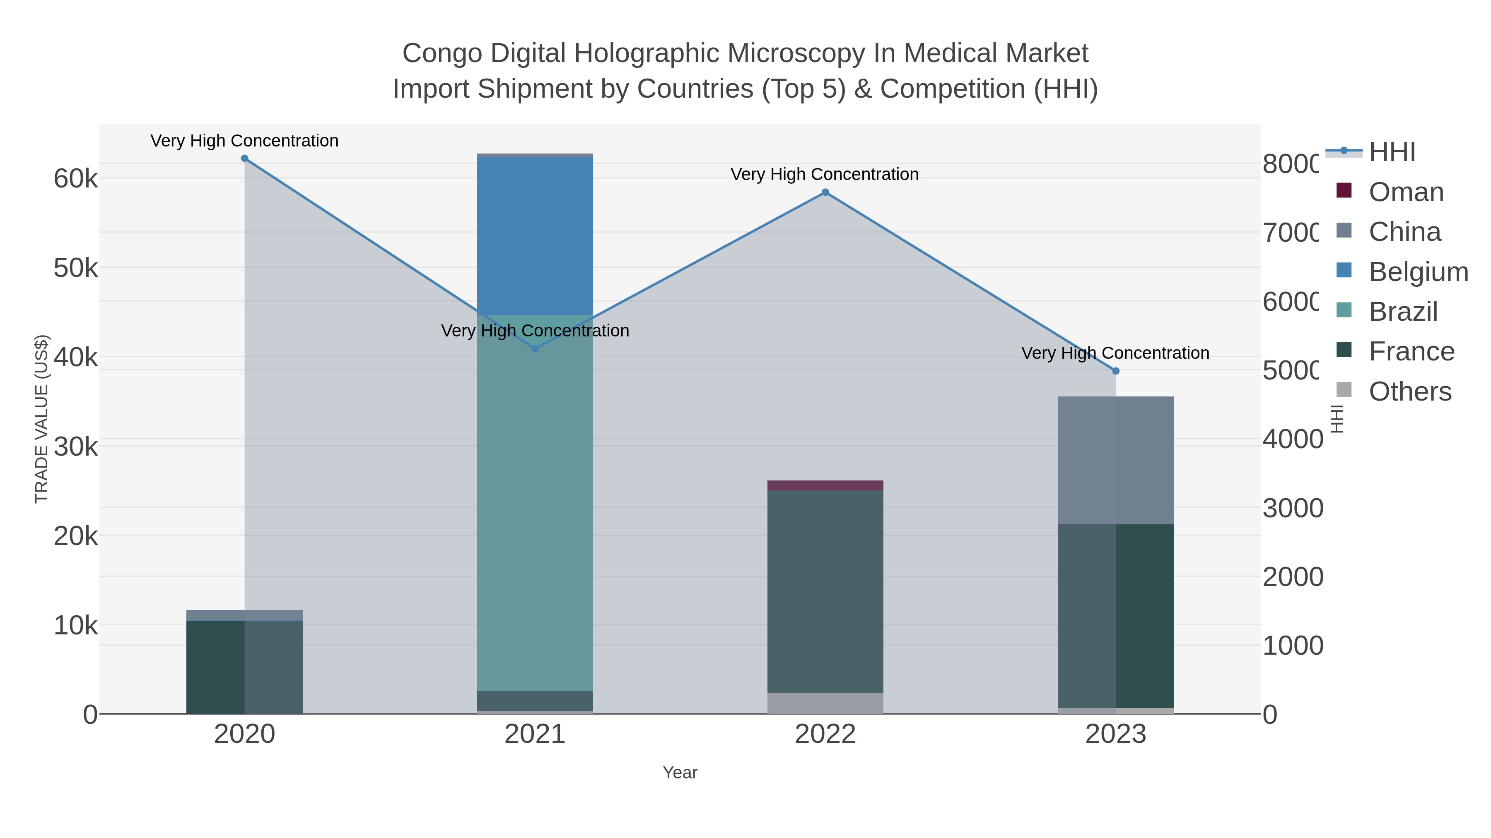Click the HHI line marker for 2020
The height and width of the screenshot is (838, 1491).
pos(244,158)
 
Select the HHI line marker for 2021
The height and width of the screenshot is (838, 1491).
pos(535,349)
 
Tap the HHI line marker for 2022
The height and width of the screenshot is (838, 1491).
pos(825,192)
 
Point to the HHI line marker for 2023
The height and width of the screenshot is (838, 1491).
pos(1116,371)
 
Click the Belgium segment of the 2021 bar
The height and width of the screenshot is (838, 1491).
pos(535,236)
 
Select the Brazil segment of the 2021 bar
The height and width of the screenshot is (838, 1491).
pos(535,503)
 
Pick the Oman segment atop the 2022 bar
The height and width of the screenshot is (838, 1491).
pos(825,485)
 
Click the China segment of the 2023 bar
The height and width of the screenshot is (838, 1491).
pos(1116,460)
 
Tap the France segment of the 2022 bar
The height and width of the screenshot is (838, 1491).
pos(825,591)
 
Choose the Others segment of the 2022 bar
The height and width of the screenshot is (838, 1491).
pos(825,703)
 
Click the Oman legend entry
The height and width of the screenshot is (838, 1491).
pos(1405,192)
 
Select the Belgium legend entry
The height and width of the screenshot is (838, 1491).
pos(1418,272)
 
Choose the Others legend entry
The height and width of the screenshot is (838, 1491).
pos(1409,391)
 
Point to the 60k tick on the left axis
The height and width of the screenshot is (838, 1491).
pos(76,179)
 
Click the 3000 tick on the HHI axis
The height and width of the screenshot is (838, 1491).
pos(1292,508)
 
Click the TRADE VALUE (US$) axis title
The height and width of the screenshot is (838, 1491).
pos(42,419)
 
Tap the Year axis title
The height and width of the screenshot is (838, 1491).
pos(680,773)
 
